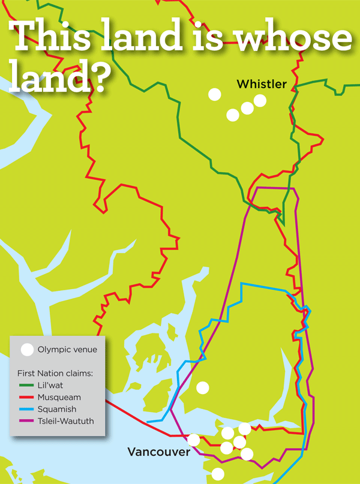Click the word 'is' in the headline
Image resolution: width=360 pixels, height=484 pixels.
pos(208,37)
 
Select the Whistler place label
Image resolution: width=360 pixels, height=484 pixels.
pos(262,84)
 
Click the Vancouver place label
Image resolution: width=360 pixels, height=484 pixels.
pos(158,452)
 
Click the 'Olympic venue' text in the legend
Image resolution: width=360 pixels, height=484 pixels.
pos(67,349)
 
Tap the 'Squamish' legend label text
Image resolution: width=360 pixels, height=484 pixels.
pos(56,409)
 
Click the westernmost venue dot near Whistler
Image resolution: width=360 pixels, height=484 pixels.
pos(214,94)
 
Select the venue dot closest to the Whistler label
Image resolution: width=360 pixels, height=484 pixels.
pos(260,100)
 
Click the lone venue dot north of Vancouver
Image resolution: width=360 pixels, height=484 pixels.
pos(203,387)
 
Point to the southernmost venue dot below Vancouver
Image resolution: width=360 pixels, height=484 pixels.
pos(218,474)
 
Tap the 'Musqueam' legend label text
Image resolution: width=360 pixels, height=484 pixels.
pos(58,397)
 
